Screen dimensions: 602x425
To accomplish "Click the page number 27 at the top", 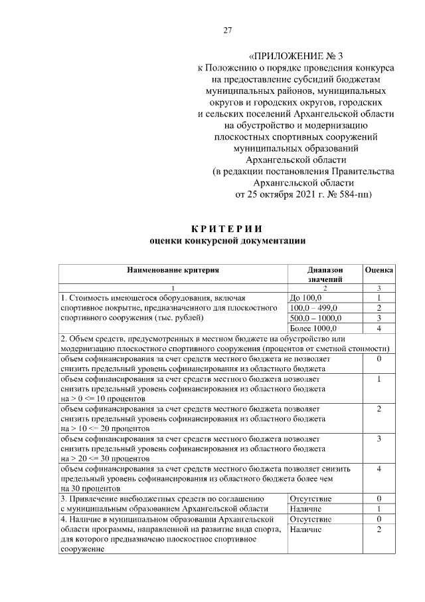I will (x=227, y=31).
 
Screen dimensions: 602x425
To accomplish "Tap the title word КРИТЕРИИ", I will (x=226, y=229).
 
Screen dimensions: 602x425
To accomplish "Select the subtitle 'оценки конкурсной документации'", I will (x=226, y=241).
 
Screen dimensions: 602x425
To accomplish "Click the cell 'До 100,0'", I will (x=306, y=297).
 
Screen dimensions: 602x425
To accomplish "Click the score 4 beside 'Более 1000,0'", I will (x=378, y=328).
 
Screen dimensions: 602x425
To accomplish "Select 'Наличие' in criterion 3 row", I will (x=306, y=508).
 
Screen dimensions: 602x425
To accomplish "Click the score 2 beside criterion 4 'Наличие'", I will (x=378, y=529).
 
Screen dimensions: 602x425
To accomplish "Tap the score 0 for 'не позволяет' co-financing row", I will (x=378, y=359).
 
